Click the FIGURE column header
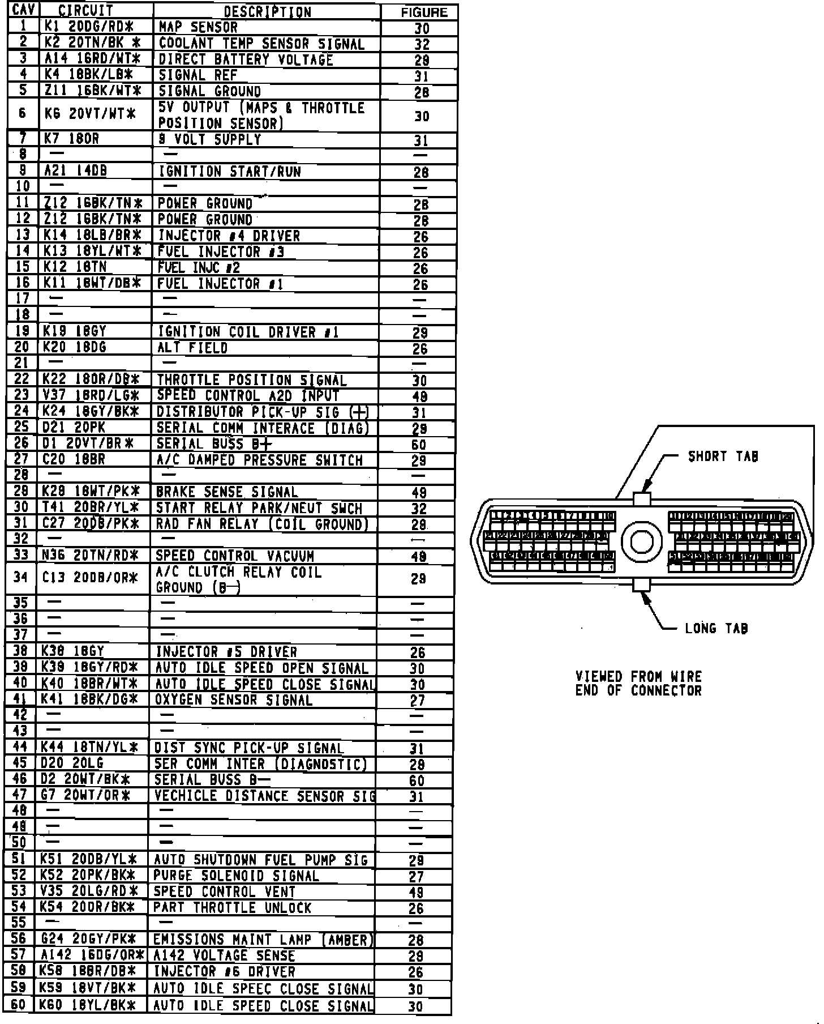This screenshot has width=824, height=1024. pos(423,12)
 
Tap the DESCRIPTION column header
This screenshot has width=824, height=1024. pos(267,11)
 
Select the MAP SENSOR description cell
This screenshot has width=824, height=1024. pos(198,27)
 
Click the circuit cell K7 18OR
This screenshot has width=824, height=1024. pos(72,139)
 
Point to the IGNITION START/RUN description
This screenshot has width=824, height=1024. pos(229,172)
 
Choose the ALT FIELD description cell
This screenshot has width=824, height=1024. pos(192,348)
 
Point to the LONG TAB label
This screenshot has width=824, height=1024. pos(716,628)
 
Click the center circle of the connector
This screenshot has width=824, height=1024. pos(641,542)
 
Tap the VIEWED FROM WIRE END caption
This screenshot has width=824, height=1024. pos(638,684)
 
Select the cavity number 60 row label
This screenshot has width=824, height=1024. pos(19,1006)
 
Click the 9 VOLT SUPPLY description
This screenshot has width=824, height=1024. pos(209,139)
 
